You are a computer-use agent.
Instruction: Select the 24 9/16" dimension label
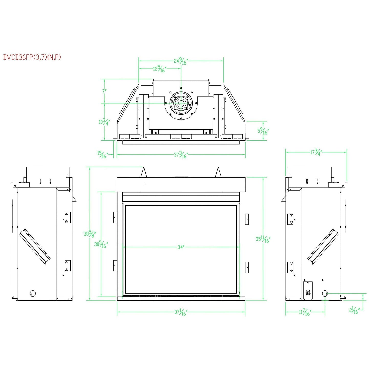181,61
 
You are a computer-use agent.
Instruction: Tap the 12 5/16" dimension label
160,69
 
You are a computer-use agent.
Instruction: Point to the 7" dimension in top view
104,91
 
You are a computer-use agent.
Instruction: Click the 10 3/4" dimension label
104,122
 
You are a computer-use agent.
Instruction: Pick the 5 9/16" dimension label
263,131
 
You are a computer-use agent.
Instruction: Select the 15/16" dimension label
102,155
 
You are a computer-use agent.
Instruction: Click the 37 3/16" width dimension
181,155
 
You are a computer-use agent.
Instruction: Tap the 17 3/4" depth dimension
316,152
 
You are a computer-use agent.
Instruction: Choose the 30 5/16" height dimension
101,244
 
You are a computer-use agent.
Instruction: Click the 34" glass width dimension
181,247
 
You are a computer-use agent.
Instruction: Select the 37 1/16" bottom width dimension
181,312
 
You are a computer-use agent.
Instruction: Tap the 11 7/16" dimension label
305,312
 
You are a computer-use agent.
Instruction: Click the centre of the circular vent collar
181,104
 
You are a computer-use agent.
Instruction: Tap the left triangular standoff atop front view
144,172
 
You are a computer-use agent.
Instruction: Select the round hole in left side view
33,293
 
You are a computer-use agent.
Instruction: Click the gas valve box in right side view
308,290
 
